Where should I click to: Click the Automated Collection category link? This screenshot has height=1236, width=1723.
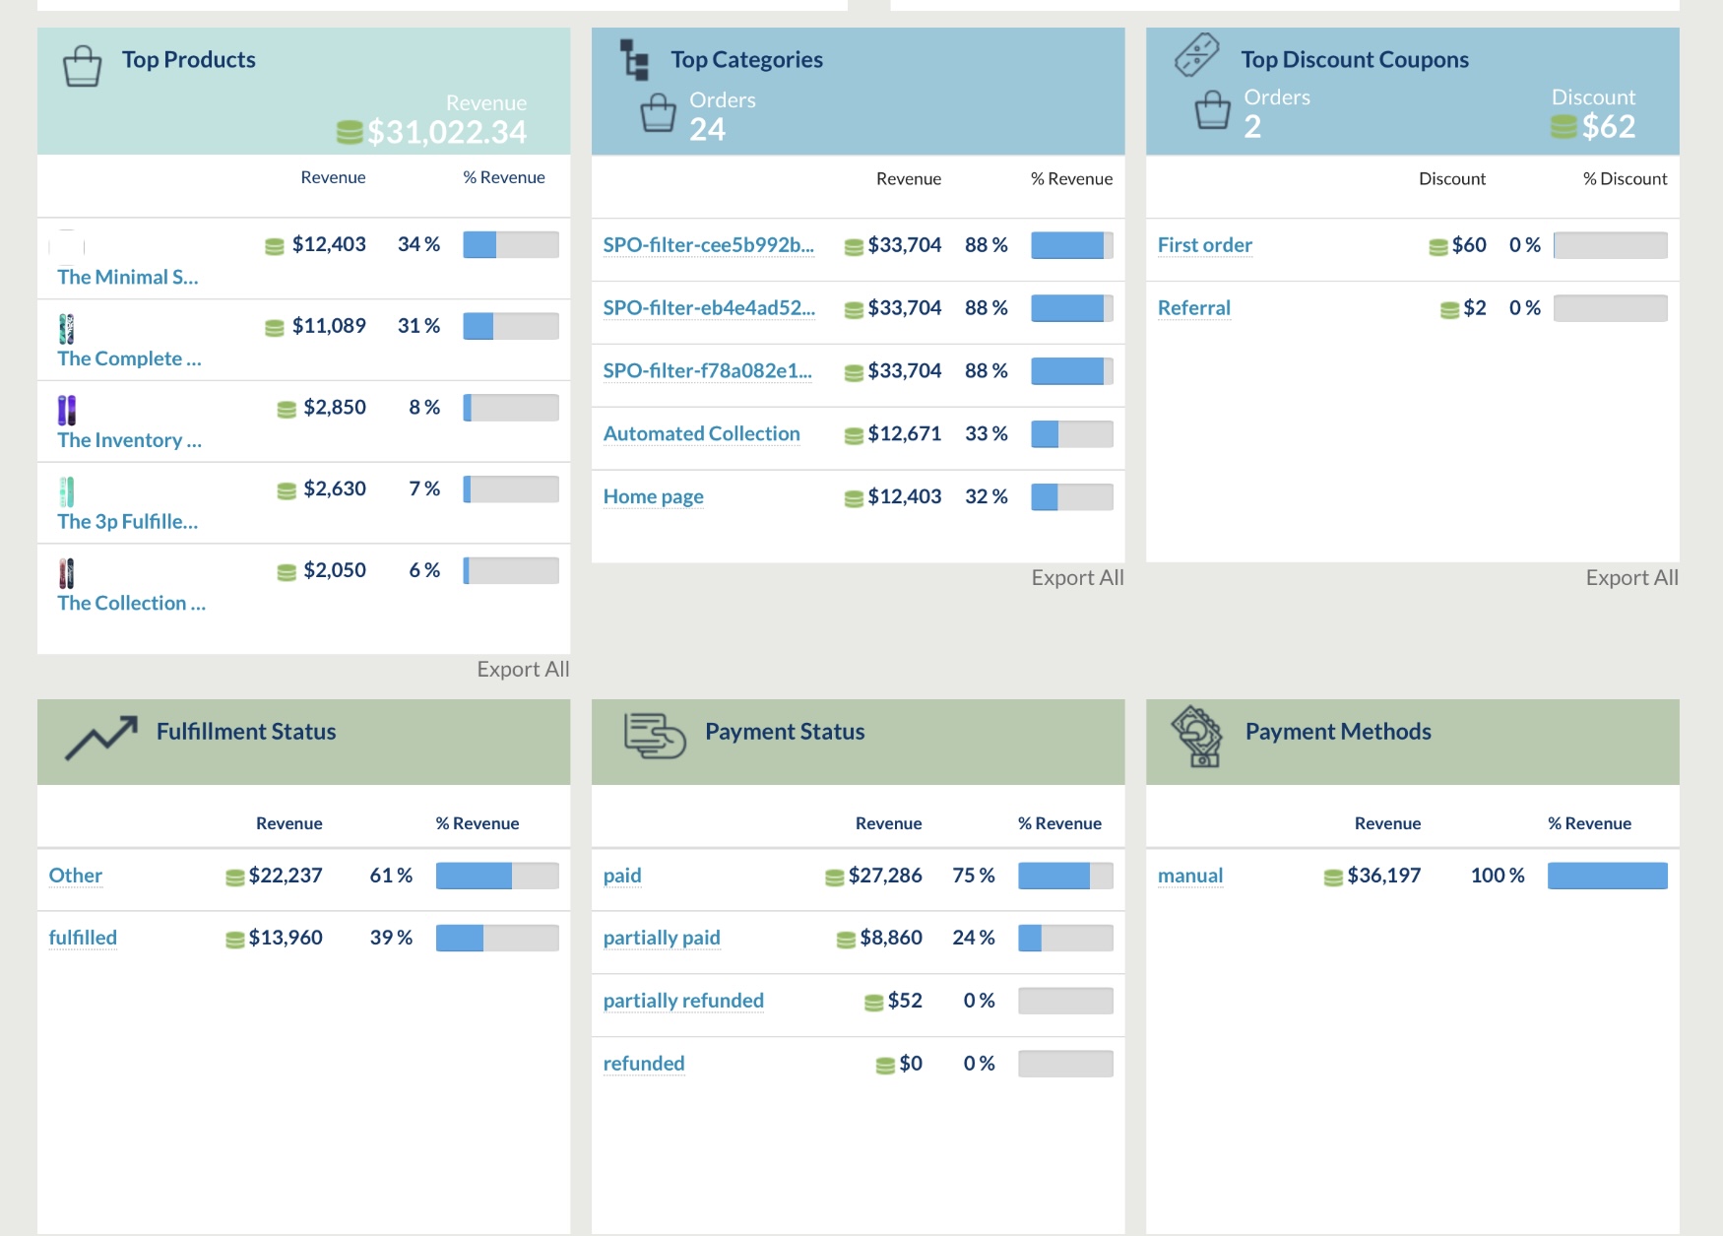click(x=701, y=434)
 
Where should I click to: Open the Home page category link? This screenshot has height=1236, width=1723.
click(x=653, y=497)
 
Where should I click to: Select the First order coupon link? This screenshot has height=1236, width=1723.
click(x=1204, y=245)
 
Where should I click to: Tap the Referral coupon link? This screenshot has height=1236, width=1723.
click(x=1193, y=308)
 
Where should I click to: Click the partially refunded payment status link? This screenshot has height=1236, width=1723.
click(x=683, y=1001)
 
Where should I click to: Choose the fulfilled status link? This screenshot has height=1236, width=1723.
click(x=83, y=938)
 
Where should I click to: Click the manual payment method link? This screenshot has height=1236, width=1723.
click(x=1189, y=876)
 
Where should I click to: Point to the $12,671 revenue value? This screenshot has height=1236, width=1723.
click(x=904, y=434)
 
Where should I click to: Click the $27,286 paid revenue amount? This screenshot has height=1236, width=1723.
click(x=884, y=876)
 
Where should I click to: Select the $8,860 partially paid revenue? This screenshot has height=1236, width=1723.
click(x=890, y=938)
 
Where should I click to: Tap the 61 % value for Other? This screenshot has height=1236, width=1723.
click(x=391, y=876)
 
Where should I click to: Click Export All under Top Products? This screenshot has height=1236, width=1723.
click(x=523, y=670)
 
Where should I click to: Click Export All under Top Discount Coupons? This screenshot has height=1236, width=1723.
click(x=1631, y=578)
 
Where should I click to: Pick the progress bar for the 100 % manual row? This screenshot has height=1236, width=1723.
click(x=1607, y=876)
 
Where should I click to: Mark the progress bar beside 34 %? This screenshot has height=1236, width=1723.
click(x=510, y=244)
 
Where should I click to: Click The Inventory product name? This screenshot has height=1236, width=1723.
click(x=129, y=440)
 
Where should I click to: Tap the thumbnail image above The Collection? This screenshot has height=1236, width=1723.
click(x=66, y=573)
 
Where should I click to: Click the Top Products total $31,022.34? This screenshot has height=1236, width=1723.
click(x=446, y=132)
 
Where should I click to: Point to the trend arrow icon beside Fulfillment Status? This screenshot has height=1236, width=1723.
click(x=101, y=737)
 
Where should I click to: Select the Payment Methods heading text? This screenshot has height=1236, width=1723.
click(x=1337, y=732)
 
